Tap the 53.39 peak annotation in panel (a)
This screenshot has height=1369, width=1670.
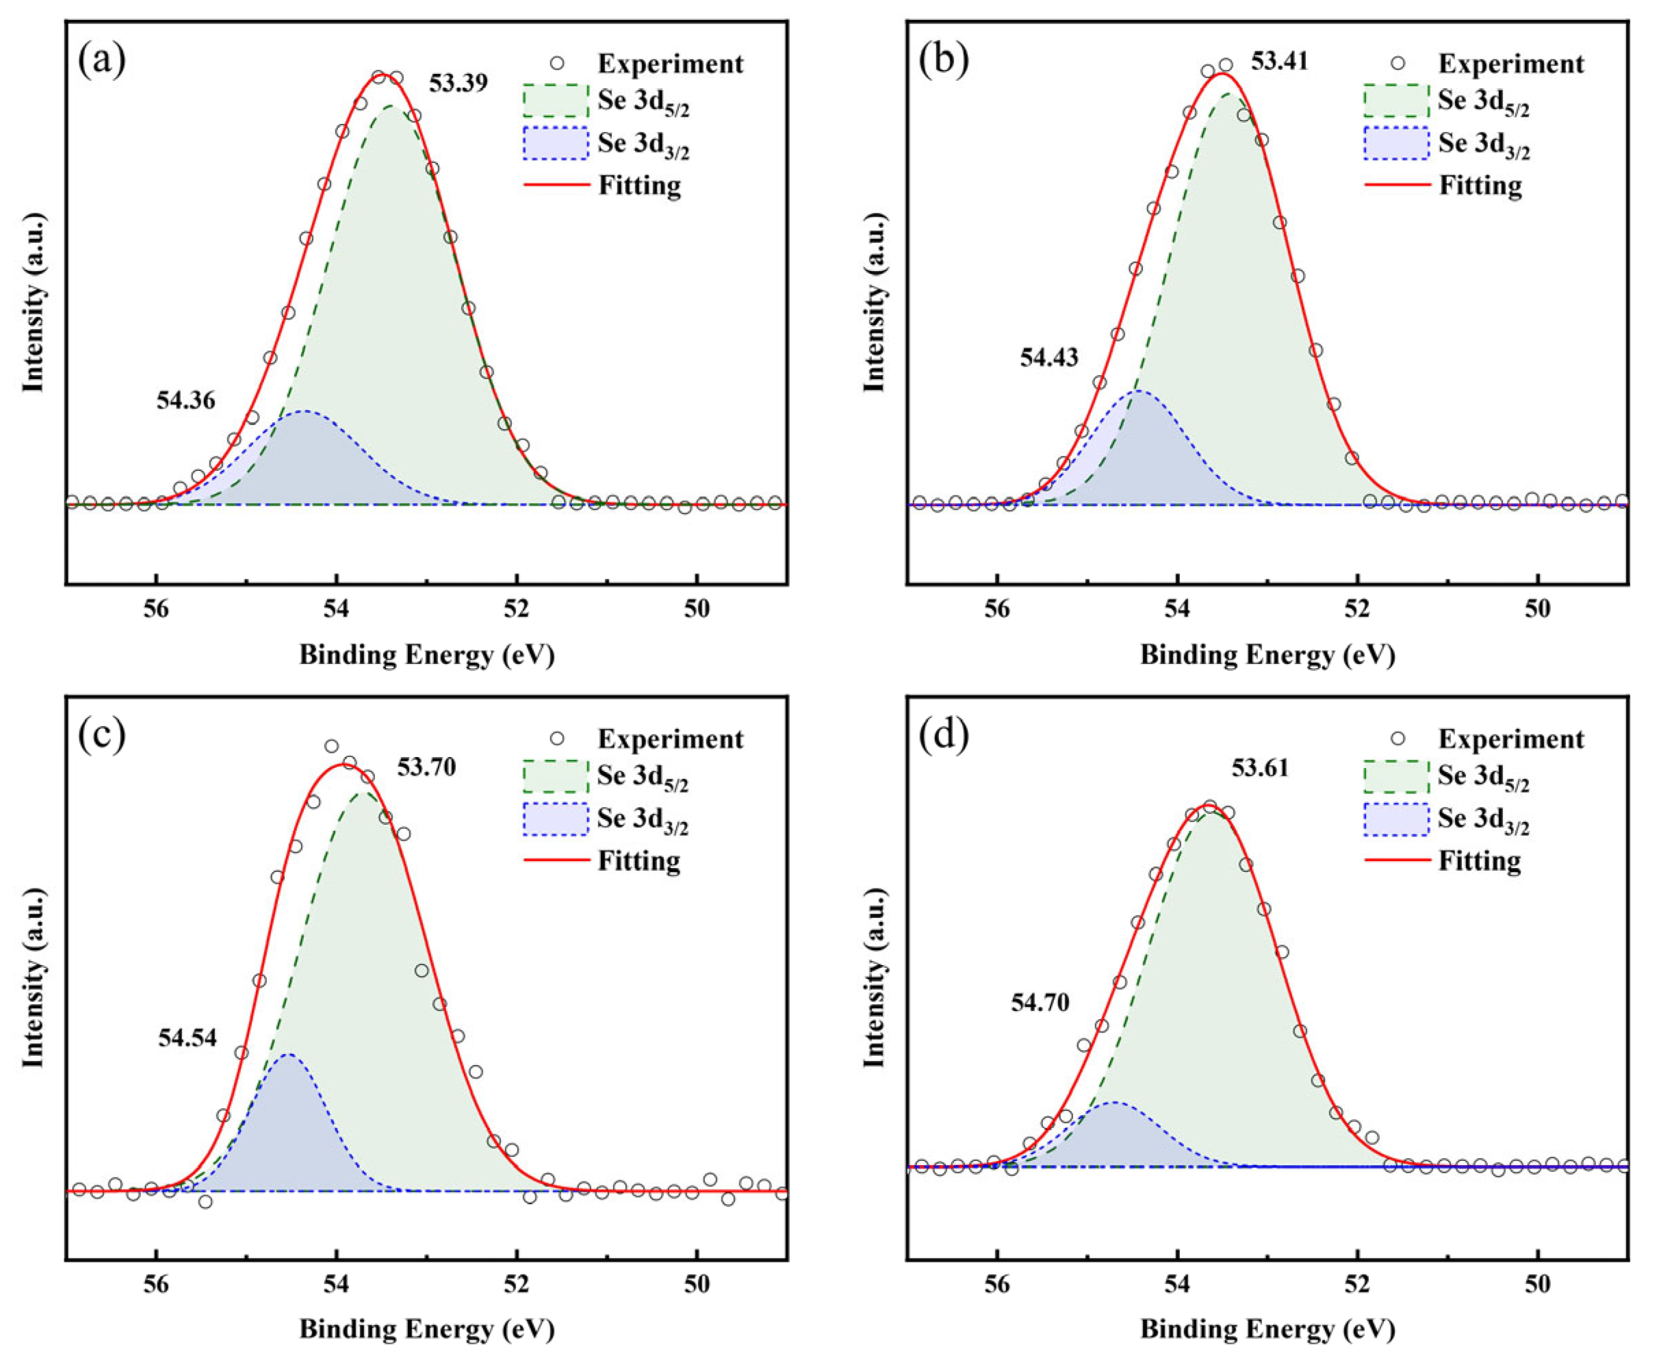[x=458, y=83]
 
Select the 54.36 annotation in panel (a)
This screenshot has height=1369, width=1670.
[x=185, y=400]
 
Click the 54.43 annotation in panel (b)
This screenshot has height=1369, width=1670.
[x=1049, y=357]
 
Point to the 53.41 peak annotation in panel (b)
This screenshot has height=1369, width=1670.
[x=1279, y=61]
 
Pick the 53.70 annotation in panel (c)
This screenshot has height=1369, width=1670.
[x=426, y=767]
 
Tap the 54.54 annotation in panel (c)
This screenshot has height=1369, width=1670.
[x=187, y=1038]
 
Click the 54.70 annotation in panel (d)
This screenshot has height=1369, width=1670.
[x=1040, y=1003]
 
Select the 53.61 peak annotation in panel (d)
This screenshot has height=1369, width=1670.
[x=1260, y=767]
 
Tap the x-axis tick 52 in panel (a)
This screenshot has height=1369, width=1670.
[x=517, y=608]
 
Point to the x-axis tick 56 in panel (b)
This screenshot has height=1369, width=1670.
[x=997, y=608]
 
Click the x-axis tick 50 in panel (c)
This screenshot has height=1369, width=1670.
[x=697, y=1283]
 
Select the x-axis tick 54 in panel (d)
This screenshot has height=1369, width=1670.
[x=1177, y=1283]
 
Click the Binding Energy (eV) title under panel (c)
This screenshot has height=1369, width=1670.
[x=426, y=1329]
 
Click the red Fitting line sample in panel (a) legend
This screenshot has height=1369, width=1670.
[x=556, y=185]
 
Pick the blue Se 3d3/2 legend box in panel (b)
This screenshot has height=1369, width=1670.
[x=1396, y=144]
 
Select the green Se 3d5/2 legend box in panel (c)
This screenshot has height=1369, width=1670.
[x=556, y=776]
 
